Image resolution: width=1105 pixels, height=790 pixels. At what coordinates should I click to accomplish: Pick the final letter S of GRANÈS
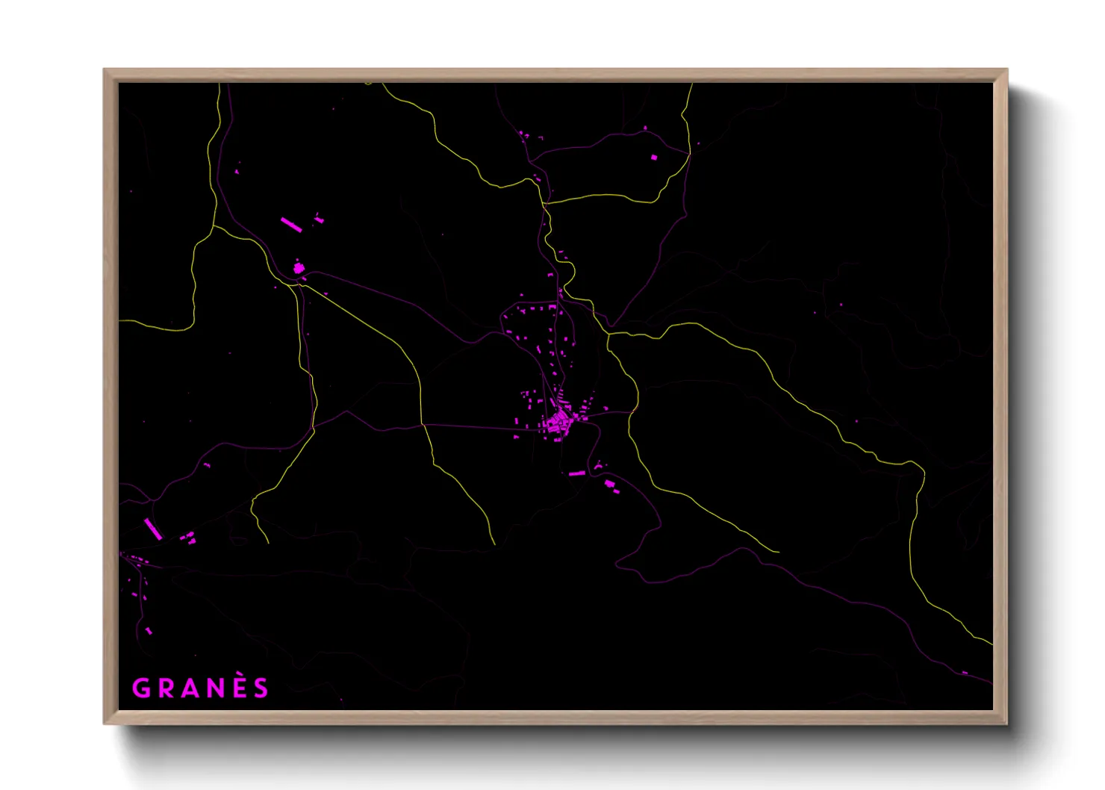[x=261, y=688]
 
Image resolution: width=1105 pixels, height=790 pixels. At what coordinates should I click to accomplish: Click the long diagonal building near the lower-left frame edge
[x=153, y=529]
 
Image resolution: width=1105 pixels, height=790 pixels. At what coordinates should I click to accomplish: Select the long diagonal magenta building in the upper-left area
[x=290, y=225]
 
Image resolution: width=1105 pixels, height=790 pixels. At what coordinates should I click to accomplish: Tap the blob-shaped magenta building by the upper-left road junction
[x=299, y=267]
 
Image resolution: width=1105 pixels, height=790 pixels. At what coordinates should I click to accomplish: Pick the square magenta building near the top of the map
[x=654, y=158]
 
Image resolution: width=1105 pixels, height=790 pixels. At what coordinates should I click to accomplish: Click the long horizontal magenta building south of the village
[x=576, y=473]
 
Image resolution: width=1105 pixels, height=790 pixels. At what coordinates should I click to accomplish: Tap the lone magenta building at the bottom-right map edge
[x=965, y=673]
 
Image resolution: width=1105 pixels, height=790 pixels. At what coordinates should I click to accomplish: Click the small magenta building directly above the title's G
[x=148, y=631]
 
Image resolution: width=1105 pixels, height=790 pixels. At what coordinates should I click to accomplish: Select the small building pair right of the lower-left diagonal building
[x=188, y=537]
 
